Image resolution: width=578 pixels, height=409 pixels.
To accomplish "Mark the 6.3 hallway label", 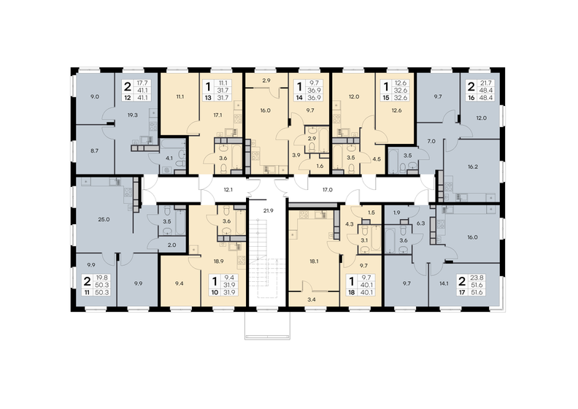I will click(420, 223).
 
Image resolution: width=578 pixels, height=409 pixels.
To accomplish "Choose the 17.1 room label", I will click(217, 115).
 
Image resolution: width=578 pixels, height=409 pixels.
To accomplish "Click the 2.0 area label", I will click(172, 245).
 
